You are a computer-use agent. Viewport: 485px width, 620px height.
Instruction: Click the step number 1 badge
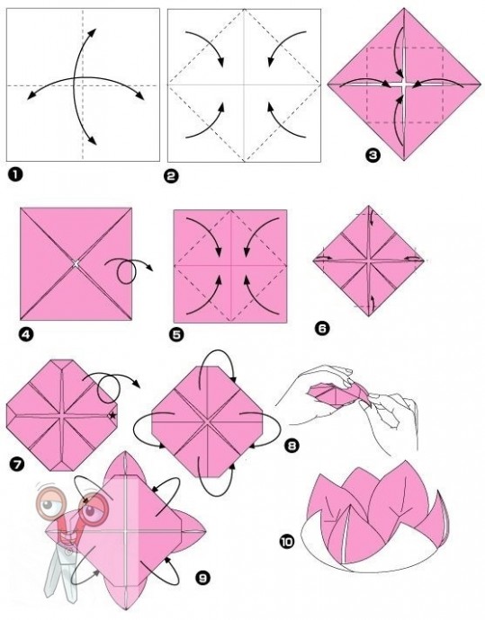[15, 174]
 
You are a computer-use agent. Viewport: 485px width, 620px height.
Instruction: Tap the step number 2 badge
[171, 175]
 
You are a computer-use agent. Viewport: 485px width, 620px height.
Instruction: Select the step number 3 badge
[373, 155]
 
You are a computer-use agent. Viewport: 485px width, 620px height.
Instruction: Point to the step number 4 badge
[26, 335]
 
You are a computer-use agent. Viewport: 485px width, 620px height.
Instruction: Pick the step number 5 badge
[176, 335]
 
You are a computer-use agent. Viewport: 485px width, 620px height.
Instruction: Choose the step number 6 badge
[322, 328]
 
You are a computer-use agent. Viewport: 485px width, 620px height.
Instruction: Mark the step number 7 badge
[17, 464]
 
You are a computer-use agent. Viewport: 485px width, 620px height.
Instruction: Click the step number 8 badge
[291, 446]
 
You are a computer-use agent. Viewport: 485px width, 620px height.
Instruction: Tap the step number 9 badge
[202, 578]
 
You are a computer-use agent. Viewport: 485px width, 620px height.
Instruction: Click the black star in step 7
[112, 415]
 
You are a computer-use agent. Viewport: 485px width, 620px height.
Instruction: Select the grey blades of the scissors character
[63, 570]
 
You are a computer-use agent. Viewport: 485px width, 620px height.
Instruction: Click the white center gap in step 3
[404, 84]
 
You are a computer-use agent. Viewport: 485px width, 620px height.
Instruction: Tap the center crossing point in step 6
[369, 261]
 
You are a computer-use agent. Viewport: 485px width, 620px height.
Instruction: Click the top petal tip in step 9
[125, 452]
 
